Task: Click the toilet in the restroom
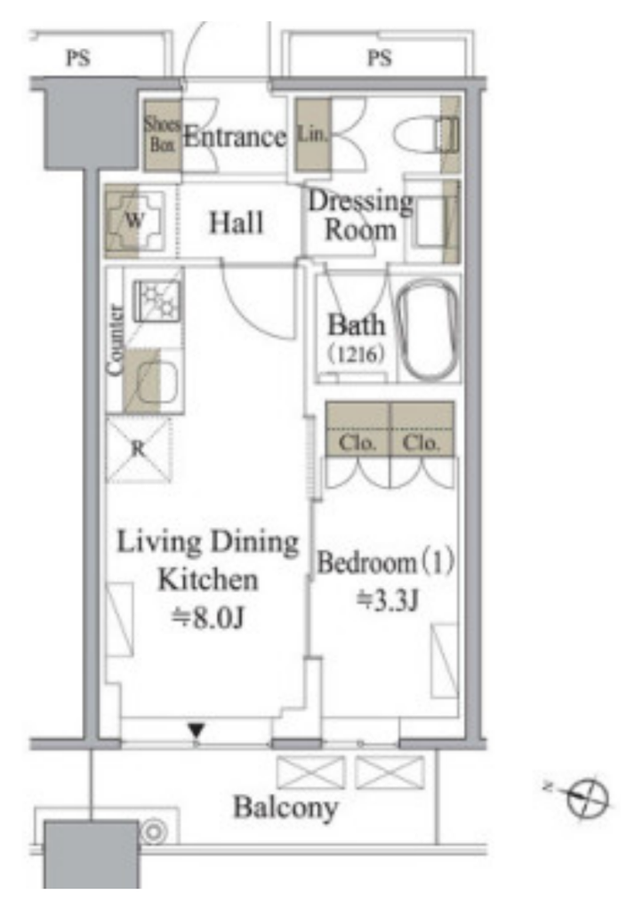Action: [x=427, y=136]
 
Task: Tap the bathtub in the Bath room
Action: [x=428, y=331]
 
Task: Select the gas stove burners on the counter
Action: [x=156, y=300]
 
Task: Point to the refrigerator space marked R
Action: [x=138, y=449]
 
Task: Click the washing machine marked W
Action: [x=134, y=220]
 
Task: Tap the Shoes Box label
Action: [x=162, y=133]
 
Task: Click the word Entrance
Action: [x=235, y=137]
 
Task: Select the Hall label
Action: [x=236, y=222]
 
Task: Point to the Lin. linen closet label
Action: [x=312, y=133]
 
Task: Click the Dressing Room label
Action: [x=360, y=215]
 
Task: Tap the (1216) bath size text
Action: [x=356, y=354]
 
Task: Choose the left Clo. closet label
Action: [x=357, y=443]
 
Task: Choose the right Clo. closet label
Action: [x=421, y=443]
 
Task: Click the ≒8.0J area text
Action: [x=207, y=617]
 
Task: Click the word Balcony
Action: [x=285, y=808]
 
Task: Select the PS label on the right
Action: [x=380, y=58]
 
